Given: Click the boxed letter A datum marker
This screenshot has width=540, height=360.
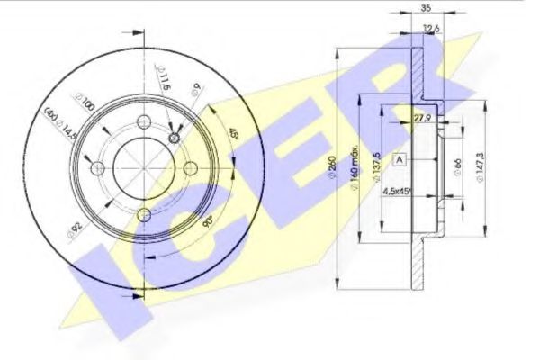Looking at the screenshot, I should [x=400, y=159].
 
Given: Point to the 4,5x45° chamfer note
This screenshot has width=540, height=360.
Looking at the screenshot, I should [x=398, y=191].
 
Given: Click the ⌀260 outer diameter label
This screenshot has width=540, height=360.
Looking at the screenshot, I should [x=335, y=169].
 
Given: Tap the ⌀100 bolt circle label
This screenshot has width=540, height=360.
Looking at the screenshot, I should [x=79, y=105].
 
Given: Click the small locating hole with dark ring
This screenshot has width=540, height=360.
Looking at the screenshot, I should [x=175, y=139].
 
